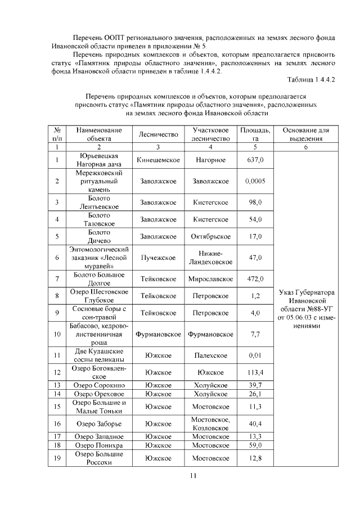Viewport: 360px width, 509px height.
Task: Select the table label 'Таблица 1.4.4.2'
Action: pyautogui.click(x=311, y=79)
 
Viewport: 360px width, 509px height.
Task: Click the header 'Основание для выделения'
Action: pyautogui.click(x=305, y=134)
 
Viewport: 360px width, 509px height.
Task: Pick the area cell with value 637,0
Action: pyautogui.click(x=255, y=160)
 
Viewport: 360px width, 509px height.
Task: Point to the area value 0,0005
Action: pyautogui.click(x=255, y=181)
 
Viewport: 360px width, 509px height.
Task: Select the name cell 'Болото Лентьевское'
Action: pyautogui.click(x=99, y=202)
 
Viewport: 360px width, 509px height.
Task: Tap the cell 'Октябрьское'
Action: pyautogui.click(x=211, y=236)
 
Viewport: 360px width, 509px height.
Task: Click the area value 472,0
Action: pyautogui.click(x=255, y=278)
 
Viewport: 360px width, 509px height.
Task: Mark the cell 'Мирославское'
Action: pyautogui.click(x=211, y=278)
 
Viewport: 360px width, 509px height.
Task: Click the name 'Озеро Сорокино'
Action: pyautogui.click(x=99, y=385)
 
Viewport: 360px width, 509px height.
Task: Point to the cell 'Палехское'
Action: pyautogui.click(x=211, y=355)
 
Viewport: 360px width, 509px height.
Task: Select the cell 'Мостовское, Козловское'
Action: pyautogui.click(x=211, y=424)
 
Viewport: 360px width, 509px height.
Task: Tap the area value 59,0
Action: pyautogui.click(x=255, y=445)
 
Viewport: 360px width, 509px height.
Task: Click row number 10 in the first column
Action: pyautogui.click(x=57, y=334)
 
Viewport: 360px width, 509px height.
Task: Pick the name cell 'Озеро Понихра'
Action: pyautogui.click(x=99, y=445)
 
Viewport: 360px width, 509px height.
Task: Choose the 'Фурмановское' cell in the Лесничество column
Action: pyautogui.click(x=158, y=334)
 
